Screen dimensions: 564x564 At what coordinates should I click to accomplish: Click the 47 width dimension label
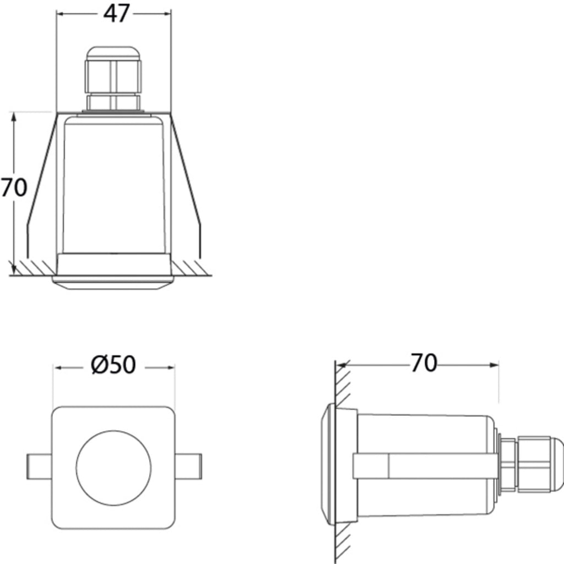[116, 14]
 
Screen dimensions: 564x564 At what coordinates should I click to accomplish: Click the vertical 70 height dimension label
[14, 187]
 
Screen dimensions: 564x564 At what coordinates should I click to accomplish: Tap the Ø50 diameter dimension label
[113, 365]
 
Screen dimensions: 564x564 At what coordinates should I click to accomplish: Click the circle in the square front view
[113, 468]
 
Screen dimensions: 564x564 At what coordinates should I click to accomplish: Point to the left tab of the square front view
[39, 467]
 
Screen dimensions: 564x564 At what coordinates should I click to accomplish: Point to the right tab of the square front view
[188, 467]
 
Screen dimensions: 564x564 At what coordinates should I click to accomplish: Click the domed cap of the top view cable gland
[113, 53]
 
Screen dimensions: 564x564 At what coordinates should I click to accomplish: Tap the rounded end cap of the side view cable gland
[556, 464]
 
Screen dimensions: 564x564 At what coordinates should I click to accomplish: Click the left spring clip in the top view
[41, 185]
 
